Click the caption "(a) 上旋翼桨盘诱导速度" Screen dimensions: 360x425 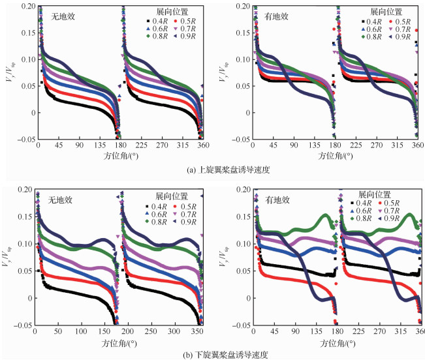tap(212, 171)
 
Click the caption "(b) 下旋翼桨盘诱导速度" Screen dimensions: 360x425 tap(212, 354)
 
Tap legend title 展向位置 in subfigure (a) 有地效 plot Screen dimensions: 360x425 tap(383, 12)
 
